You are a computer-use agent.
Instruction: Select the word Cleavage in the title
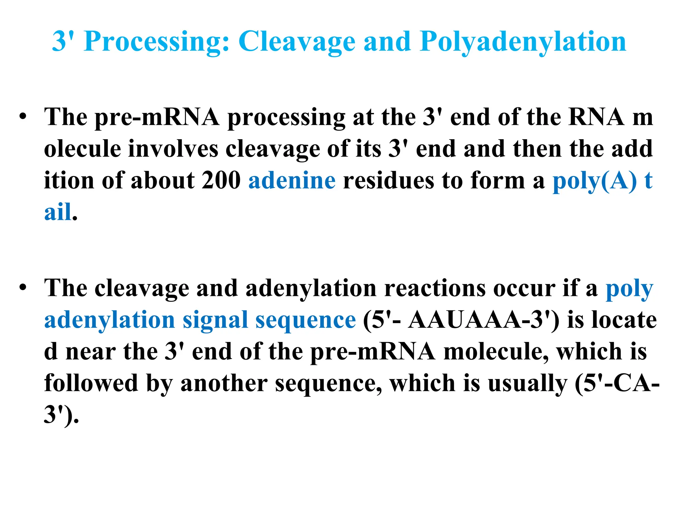coord(297,42)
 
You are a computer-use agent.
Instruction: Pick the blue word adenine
coord(292,181)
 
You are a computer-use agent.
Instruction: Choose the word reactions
coord(435,288)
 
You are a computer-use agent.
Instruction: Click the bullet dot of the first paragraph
coord(23,117)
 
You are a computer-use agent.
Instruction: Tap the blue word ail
coord(58,212)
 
